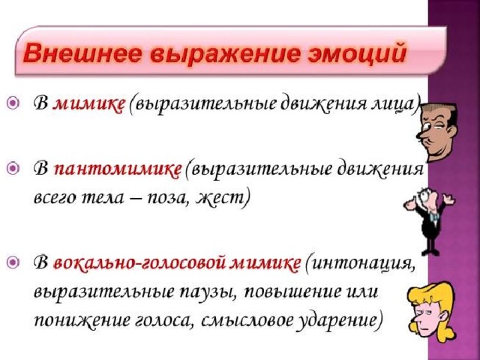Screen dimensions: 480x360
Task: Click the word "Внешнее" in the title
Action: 82,53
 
